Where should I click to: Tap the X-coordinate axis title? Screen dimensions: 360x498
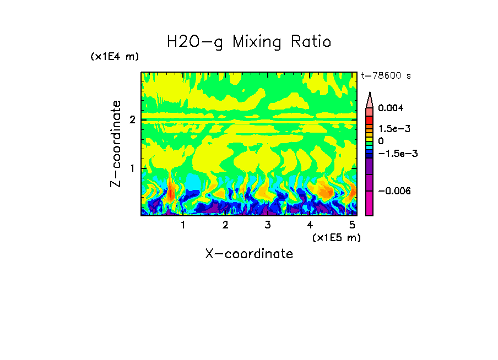click(249, 254)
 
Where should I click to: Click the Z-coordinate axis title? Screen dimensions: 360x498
click(116, 144)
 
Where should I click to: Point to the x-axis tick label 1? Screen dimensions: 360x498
click(183, 225)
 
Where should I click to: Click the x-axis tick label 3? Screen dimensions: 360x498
click(267, 225)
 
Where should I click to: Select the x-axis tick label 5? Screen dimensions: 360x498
click(352, 225)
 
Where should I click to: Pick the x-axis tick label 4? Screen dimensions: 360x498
click(310, 225)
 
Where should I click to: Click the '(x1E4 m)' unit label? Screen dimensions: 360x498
click(115, 57)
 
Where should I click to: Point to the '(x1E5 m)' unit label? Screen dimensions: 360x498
click(336, 237)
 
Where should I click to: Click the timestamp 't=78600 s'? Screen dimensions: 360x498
click(386, 76)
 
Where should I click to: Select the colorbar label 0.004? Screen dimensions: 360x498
click(391, 108)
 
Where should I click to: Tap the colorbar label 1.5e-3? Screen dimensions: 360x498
click(391, 129)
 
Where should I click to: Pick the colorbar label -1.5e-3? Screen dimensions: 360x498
click(394, 154)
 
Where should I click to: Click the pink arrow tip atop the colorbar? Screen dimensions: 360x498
click(370, 99)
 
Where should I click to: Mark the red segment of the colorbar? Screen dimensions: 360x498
click(370, 120)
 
